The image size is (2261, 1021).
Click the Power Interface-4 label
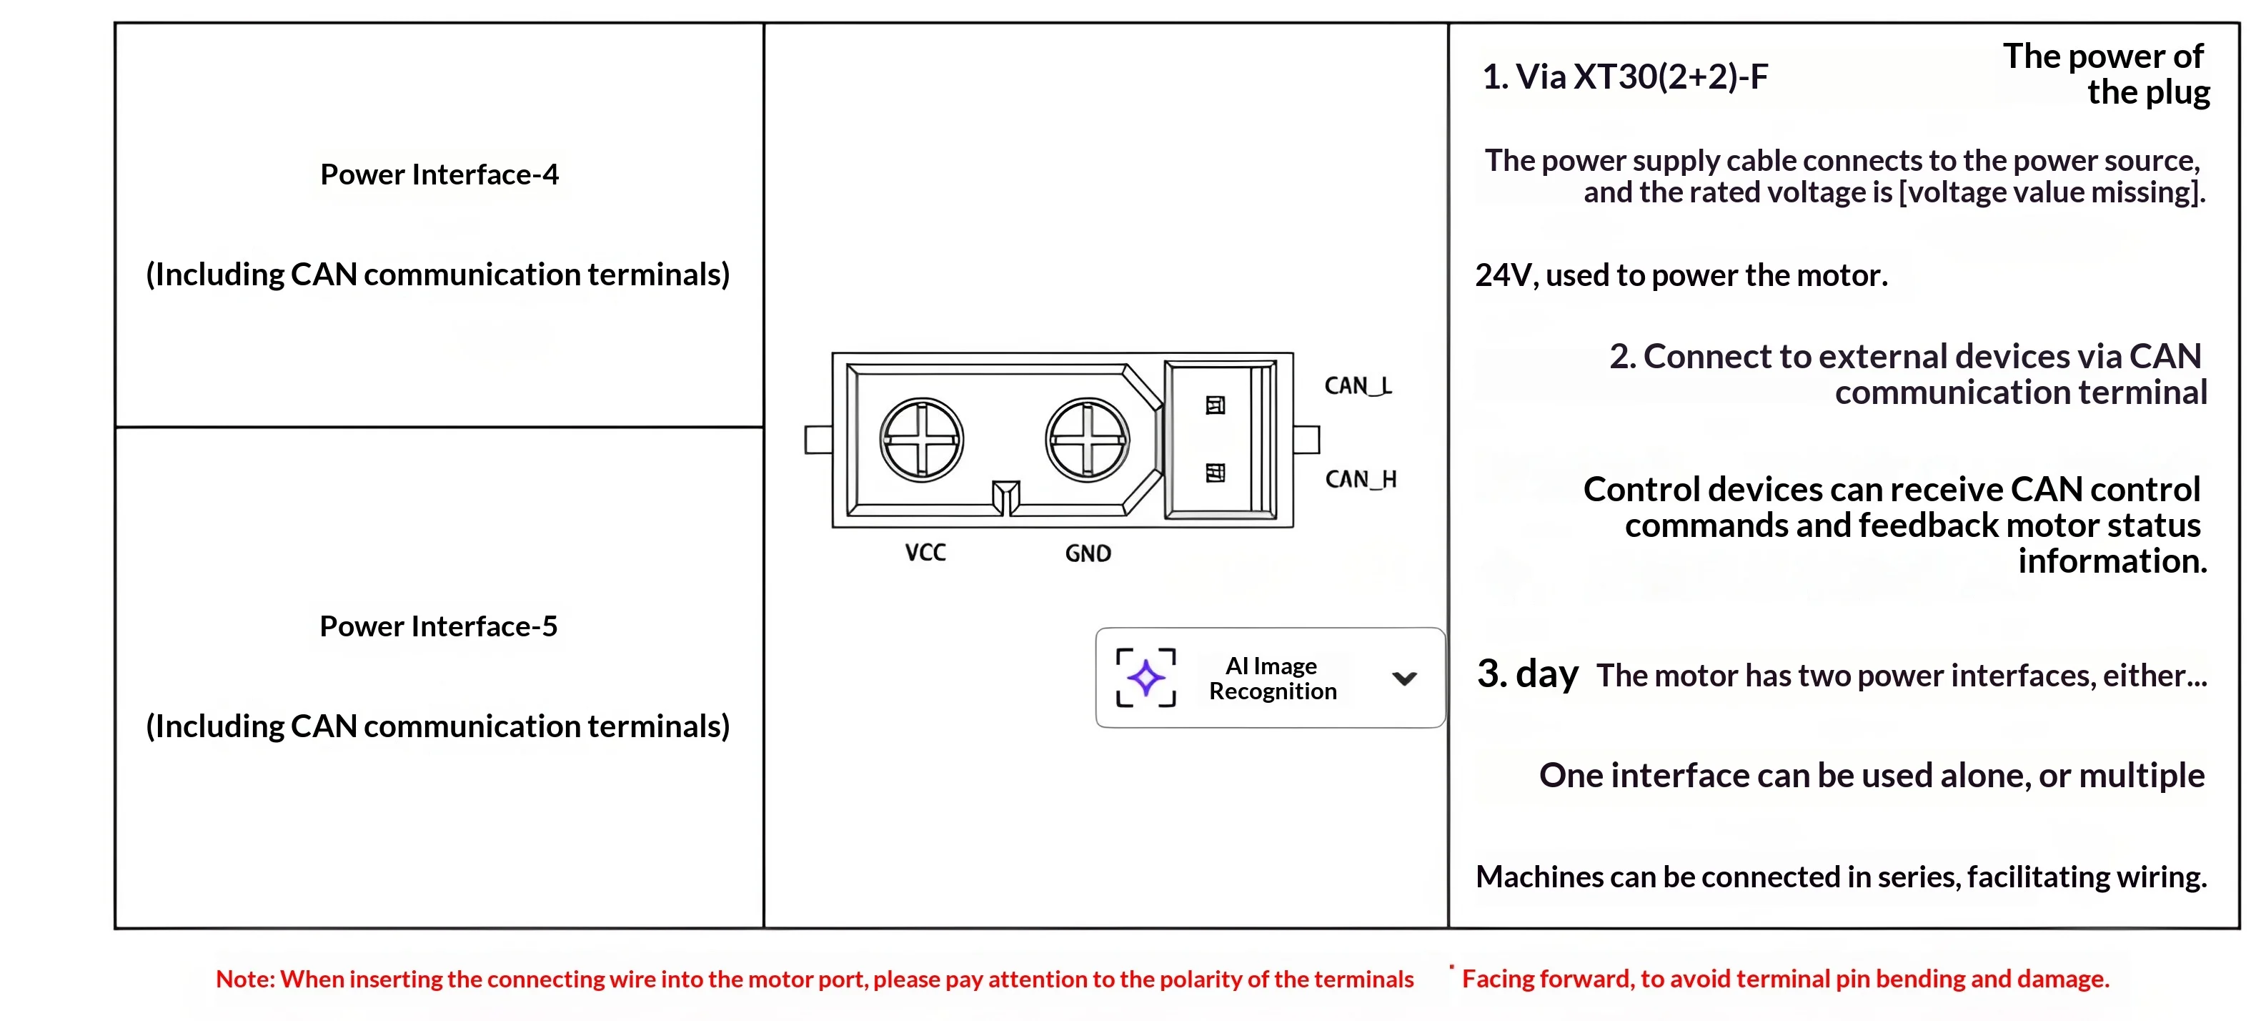click(439, 174)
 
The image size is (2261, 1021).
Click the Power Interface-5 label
click(438, 626)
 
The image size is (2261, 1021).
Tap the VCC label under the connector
click(925, 552)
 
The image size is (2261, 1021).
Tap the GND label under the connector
click(1088, 553)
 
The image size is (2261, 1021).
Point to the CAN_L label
click(1358, 386)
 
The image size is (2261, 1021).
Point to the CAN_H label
click(1361, 479)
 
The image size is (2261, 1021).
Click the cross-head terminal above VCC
click(922, 440)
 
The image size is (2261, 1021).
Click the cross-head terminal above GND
click(1088, 440)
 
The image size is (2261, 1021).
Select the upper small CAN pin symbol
click(1216, 405)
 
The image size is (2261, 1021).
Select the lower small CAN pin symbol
click(1216, 473)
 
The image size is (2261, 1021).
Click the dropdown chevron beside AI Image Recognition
click(1404, 678)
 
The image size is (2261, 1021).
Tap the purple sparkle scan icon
click(1146, 678)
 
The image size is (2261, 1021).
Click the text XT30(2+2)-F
click(1670, 77)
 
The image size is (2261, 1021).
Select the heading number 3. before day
click(1492, 674)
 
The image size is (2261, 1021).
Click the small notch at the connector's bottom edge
click(1006, 498)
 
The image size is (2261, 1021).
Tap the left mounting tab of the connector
click(819, 440)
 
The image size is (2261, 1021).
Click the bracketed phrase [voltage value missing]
click(2052, 192)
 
